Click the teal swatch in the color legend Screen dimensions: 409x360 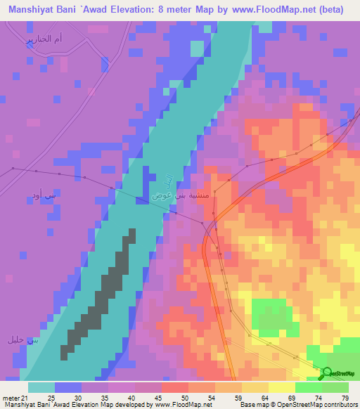(41, 387)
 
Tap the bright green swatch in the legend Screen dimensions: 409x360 (309, 387)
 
